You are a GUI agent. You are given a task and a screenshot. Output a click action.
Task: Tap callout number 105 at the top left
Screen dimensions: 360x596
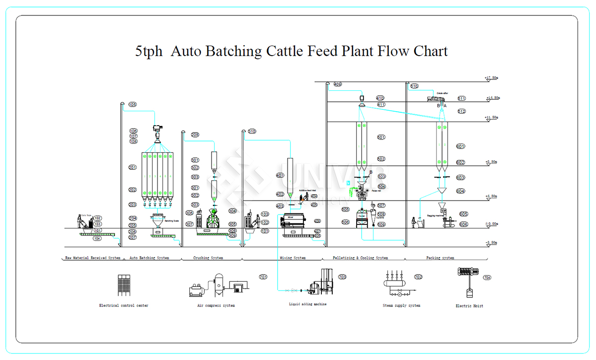pyautogui.click(x=132, y=105)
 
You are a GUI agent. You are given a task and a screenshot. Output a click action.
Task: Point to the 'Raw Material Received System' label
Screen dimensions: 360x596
pyautogui.click(x=93, y=258)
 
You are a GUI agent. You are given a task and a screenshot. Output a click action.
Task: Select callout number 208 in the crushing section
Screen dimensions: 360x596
pyautogui.click(x=195, y=135)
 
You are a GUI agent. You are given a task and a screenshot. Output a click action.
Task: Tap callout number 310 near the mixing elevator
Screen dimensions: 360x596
pyautogui.click(x=252, y=132)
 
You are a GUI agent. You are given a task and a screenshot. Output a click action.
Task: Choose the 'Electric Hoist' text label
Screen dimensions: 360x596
pyautogui.click(x=469, y=306)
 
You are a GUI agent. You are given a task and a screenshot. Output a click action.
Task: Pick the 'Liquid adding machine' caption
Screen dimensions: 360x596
pyautogui.click(x=308, y=304)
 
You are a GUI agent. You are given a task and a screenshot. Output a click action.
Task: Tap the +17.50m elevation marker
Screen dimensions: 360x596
pyautogui.click(x=491, y=78)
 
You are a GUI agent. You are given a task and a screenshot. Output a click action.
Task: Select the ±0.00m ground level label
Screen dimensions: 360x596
pyautogui.click(x=491, y=224)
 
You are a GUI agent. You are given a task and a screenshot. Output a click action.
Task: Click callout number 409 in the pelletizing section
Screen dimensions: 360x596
pyautogui.click(x=338, y=84)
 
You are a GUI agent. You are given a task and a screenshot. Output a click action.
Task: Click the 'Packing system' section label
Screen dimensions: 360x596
pyautogui.click(x=440, y=258)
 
